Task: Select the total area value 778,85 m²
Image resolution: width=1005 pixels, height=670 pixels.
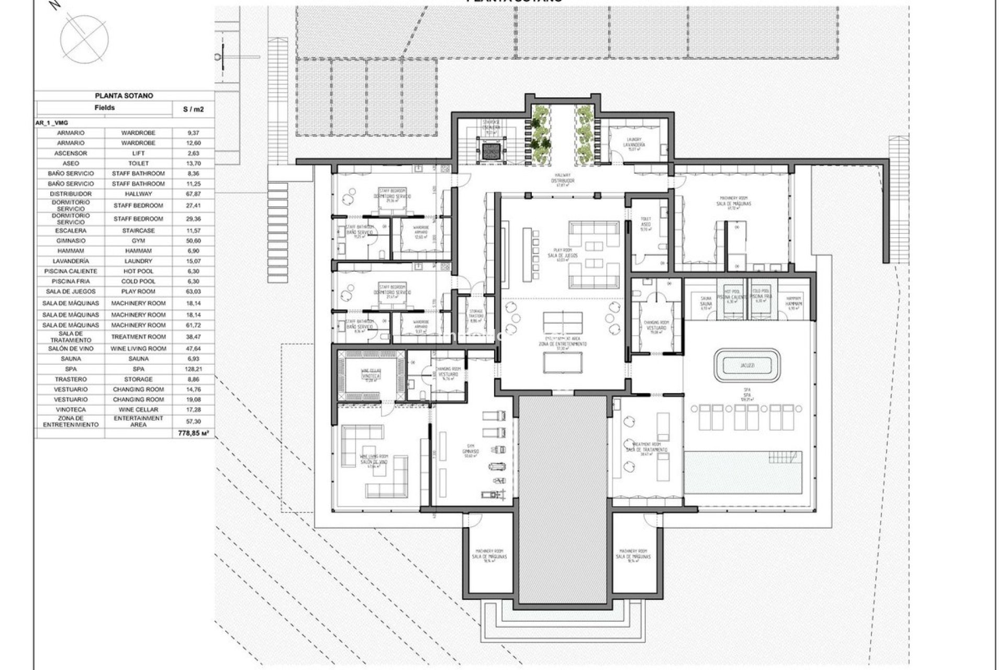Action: click(x=193, y=433)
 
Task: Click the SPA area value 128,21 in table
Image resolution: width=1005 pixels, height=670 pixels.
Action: click(x=193, y=369)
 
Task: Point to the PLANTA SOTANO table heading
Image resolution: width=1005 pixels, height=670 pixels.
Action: click(x=124, y=96)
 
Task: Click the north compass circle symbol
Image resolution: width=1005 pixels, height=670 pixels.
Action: click(x=84, y=36)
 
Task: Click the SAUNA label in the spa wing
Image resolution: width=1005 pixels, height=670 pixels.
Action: click(x=706, y=303)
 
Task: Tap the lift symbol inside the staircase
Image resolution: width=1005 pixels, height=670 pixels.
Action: click(x=490, y=151)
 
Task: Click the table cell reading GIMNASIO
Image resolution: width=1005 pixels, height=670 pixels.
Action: click(x=70, y=241)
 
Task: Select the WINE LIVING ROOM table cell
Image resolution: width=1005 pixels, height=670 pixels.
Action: click(x=138, y=349)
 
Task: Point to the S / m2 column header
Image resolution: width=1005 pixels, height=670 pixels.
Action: click(x=193, y=109)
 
